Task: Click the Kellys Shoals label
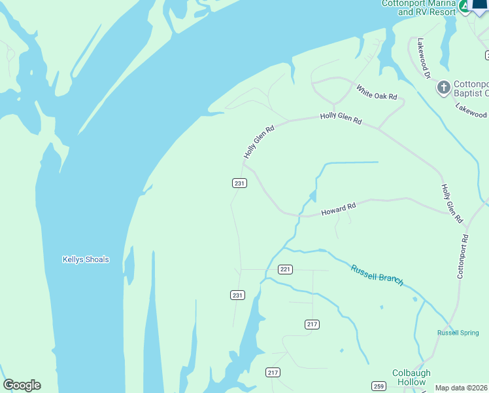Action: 86,259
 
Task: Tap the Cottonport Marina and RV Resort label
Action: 418,7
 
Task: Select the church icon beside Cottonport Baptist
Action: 443,87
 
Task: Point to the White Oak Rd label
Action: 377,92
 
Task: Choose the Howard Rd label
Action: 338,210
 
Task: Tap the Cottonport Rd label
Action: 463,257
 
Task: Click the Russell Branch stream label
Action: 377,274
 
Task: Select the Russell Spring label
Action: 458,333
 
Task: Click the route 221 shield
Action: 285,269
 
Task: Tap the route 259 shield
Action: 379,385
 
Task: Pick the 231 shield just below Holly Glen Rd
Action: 239,183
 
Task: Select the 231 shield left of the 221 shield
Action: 237,295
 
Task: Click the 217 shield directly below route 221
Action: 312,324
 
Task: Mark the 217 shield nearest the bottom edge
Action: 273,372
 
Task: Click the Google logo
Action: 22,385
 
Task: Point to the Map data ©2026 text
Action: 462,388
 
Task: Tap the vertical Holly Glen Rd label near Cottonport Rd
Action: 452,203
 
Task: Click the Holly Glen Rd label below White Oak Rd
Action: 341,118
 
